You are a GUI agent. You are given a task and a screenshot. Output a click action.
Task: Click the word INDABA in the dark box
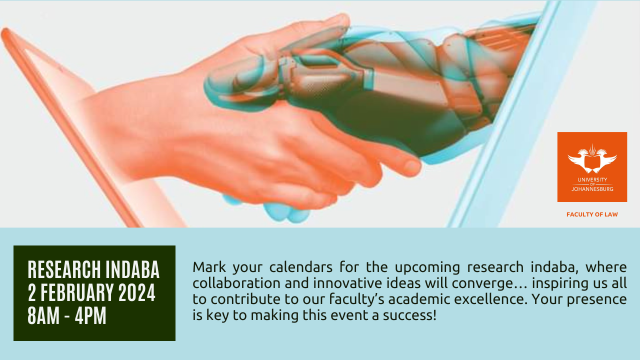click(132, 269)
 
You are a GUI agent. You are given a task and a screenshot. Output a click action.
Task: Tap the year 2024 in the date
click(137, 292)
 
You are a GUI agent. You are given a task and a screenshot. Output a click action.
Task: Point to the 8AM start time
click(43, 315)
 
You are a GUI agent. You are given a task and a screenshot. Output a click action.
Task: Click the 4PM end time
click(90, 315)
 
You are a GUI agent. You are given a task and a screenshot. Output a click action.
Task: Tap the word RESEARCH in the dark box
click(64, 269)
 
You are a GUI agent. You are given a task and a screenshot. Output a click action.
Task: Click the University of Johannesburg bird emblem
click(592, 159)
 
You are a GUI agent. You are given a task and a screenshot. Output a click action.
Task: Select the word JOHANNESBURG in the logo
click(592, 189)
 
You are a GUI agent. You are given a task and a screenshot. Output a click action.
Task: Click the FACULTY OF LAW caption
click(592, 214)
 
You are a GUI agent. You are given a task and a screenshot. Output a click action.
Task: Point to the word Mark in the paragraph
click(209, 267)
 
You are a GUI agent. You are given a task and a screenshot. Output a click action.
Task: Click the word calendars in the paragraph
click(301, 267)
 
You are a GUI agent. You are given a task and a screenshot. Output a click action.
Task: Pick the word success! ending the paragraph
click(409, 315)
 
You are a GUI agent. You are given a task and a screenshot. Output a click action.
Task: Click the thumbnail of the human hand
click(411, 166)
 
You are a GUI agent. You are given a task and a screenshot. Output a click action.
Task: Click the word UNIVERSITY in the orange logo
click(592, 179)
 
